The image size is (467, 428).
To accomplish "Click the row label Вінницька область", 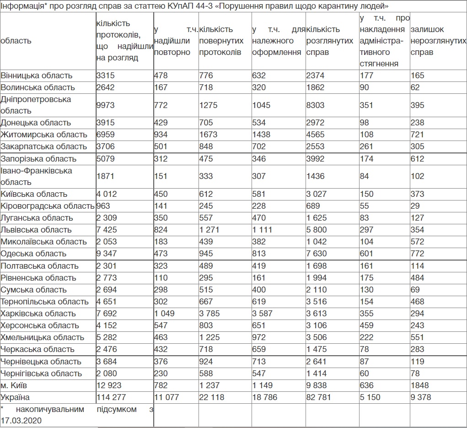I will (37, 76).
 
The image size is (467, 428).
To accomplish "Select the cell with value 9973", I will (106, 105).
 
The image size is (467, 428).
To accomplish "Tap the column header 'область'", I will (16, 41).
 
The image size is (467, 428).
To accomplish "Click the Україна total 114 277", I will (111, 397).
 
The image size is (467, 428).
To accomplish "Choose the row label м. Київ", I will (14, 385).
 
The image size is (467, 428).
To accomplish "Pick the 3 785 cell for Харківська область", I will (209, 314).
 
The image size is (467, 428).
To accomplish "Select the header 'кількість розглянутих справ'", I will (329, 41).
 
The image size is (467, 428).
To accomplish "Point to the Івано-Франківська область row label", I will (37, 176).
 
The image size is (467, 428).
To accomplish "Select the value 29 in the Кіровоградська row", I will (415, 206).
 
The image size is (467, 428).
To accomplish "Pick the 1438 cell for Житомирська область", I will (261, 135).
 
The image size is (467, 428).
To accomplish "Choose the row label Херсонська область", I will (40, 325).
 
